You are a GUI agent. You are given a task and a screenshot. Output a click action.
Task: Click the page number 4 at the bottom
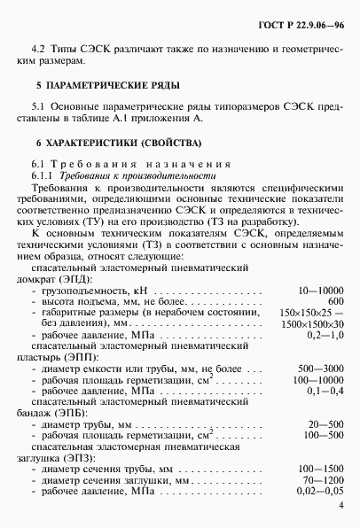(x=341, y=506)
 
